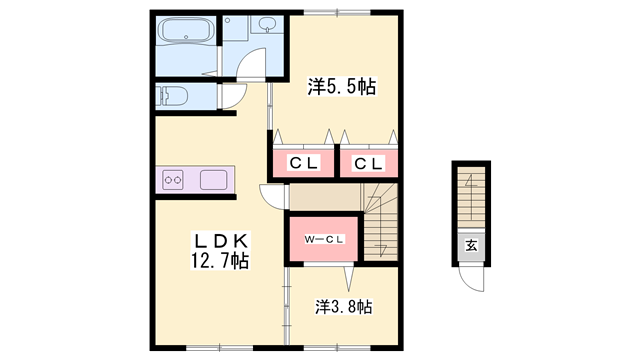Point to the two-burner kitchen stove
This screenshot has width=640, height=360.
173,181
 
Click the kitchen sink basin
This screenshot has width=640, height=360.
215,181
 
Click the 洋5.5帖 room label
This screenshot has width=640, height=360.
342,88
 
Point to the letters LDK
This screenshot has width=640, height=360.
220,241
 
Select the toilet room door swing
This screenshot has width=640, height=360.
233,98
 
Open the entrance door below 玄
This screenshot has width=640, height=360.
471,279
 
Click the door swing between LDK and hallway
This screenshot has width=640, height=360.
272,196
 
